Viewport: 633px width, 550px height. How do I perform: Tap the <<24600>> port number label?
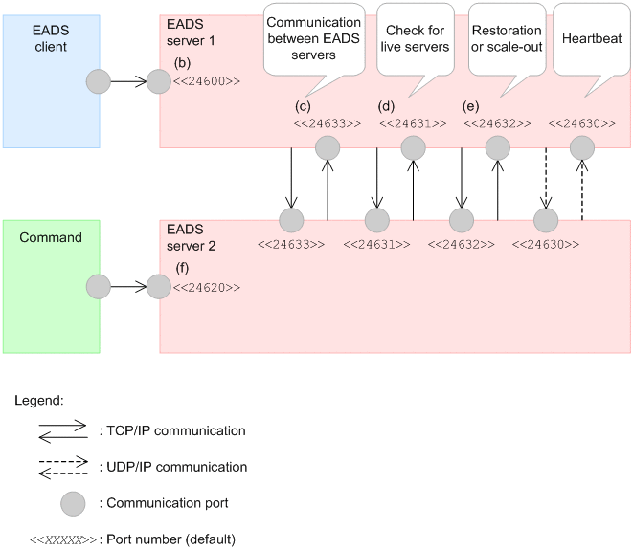click(206, 82)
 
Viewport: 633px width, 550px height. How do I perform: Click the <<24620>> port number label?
click(206, 287)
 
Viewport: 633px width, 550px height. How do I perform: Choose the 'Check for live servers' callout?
click(413, 39)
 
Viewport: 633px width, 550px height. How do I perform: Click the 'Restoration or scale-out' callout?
click(506, 39)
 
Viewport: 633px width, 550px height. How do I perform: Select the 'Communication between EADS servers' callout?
click(313, 38)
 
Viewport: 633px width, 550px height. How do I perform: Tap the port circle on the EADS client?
click(100, 82)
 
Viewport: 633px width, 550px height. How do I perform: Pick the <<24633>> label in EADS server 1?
click(328, 123)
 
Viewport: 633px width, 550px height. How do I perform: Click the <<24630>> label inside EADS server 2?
click(545, 245)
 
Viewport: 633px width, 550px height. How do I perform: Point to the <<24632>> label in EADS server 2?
click(460, 245)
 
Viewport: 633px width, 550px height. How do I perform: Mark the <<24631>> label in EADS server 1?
click(413, 123)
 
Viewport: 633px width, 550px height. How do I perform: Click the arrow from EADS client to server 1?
click(128, 82)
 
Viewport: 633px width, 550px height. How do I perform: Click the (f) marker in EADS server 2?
click(182, 269)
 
